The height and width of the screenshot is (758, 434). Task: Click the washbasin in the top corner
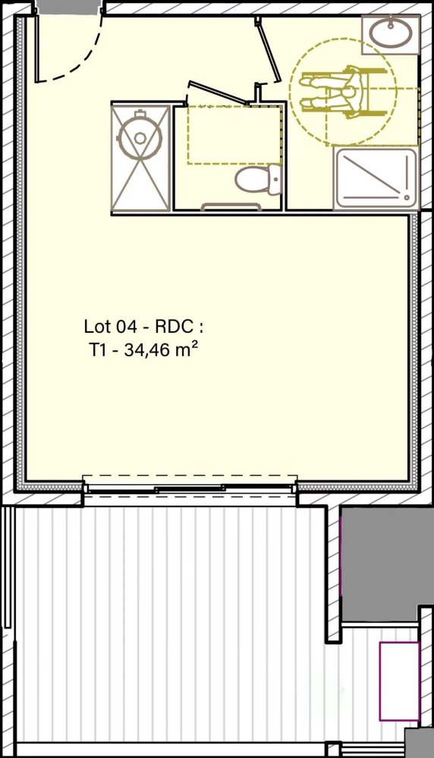[391, 33]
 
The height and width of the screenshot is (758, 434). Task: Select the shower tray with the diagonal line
[376, 178]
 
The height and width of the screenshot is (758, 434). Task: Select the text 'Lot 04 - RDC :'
[143, 327]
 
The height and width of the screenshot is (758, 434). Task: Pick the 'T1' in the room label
[97, 350]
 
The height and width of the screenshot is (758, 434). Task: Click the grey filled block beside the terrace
[387, 565]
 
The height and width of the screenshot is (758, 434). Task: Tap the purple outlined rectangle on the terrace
[399, 681]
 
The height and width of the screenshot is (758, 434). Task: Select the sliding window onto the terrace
[190, 489]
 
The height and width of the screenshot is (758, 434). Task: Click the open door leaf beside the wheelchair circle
[268, 49]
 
